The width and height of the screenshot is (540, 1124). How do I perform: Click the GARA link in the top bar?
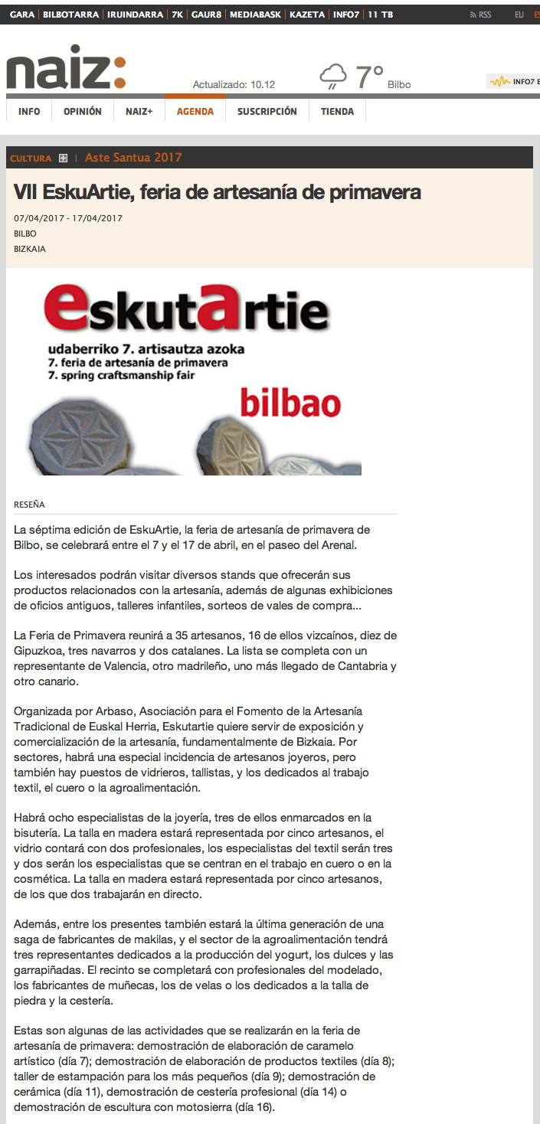click(22, 15)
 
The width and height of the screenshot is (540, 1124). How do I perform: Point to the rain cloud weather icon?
click(333, 77)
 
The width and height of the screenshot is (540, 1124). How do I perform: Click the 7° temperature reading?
click(369, 77)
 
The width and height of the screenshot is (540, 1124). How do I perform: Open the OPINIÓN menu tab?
click(83, 112)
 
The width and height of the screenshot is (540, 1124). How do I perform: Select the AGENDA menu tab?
click(195, 112)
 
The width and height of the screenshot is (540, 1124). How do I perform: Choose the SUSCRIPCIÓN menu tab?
click(267, 112)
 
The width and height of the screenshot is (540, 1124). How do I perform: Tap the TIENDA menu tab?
click(337, 112)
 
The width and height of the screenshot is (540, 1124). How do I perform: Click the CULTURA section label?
click(31, 158)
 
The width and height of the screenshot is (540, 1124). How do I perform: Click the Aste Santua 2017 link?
click(133, 158)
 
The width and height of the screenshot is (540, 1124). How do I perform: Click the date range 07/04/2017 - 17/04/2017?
click(69, 218)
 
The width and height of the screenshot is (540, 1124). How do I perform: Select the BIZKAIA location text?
click(30, 249)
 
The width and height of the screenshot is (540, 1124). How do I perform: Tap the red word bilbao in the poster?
click(290, 403)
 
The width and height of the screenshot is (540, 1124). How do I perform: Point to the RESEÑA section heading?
click(30, 505)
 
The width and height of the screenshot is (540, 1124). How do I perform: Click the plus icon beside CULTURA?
click(63, 158)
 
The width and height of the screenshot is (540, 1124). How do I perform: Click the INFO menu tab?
click(29, 112)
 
